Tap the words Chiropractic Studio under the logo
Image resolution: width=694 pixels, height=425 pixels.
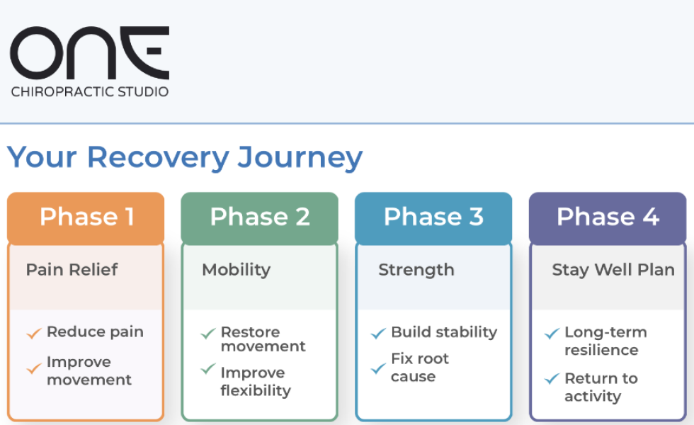point(89,91)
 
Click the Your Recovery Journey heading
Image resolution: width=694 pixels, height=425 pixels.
point(185,157)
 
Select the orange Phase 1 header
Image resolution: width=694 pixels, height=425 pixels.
point(86,217)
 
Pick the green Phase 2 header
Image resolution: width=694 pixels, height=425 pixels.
point(260,217)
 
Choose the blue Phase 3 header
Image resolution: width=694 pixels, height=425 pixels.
point(433,217)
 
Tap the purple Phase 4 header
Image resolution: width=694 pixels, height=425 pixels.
point(608,217)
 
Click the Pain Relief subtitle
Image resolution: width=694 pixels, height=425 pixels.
point(72,270)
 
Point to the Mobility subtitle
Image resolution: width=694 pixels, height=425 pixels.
point(236,270)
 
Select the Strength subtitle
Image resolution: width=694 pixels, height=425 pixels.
point(416,270)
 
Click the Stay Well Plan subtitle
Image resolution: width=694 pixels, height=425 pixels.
point(613,270)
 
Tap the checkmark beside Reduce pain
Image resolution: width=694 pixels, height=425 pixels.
point(34,333)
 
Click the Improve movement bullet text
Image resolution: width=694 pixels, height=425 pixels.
point(89,370)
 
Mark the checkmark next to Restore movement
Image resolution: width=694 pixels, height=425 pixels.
point(207,333)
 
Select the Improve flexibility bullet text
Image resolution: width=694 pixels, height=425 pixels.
point(256,381)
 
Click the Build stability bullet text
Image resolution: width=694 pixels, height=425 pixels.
point(444,332)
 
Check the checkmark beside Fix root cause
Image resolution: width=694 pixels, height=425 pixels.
point(378,368)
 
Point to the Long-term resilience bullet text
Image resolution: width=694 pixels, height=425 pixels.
point(605,341)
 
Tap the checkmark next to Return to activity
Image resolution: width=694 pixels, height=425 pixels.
point(552,379)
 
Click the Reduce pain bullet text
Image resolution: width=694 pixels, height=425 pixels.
point(95,332)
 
